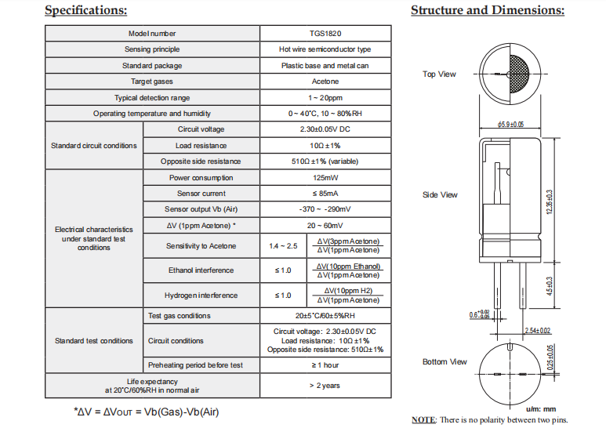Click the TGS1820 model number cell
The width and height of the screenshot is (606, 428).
coord(325,34)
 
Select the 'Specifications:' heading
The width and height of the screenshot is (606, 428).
coord(85,10)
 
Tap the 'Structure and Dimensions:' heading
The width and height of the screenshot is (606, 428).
coord(488,10)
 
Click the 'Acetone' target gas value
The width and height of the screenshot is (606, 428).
coord(325,82)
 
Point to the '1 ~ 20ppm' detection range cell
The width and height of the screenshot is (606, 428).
coord(325,98)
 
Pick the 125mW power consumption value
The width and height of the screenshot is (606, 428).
coord(325,178)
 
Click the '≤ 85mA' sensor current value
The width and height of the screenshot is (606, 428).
coord(325,194)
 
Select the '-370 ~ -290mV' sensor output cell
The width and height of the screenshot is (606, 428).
coord(325,209)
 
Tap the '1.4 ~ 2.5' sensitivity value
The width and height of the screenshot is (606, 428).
coord(283,246)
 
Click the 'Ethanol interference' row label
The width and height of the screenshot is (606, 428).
coord(201,270)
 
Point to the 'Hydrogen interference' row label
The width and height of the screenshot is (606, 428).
coord(201,296)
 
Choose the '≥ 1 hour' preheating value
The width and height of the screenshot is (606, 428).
coord(325,365)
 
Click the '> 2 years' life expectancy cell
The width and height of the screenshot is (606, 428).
coord(325,386)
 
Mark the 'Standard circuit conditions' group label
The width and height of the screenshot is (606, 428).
coord(93,146)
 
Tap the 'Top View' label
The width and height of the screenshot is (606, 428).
coord(439,74)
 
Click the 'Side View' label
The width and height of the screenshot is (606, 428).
coord(440,195)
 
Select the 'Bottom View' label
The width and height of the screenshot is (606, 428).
coord(445,362)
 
